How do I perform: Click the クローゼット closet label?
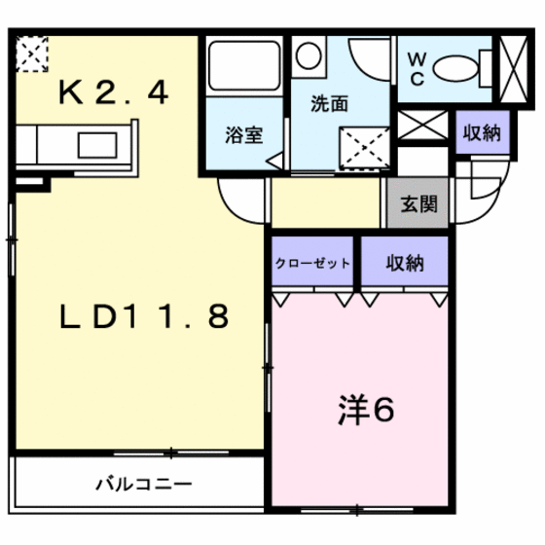click(x=311, y=264)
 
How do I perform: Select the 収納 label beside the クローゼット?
click(x=405, y=263)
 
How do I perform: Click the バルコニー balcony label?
click(x=144, y=484)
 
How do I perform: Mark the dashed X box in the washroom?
click(x=363, y=148)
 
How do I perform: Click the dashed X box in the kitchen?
click(x=32, y=54)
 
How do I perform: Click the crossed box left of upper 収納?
click(x=422, y=127)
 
